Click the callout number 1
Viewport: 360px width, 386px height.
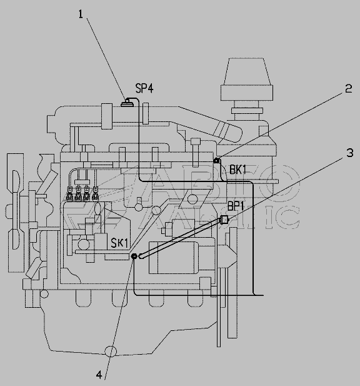point(81,14)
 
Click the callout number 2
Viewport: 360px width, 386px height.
point(349,89)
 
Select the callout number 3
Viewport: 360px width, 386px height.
point(350,153)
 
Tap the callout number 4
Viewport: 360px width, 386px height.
point(99,375)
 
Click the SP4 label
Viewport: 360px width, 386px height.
point(144,88)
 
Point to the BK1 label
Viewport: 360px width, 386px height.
point(237,170)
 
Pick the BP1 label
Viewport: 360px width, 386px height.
point(236,206)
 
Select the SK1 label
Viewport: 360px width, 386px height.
point(119,243)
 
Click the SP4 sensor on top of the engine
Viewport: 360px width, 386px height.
point(127,103)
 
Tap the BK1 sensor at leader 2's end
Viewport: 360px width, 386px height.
point(217,161)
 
